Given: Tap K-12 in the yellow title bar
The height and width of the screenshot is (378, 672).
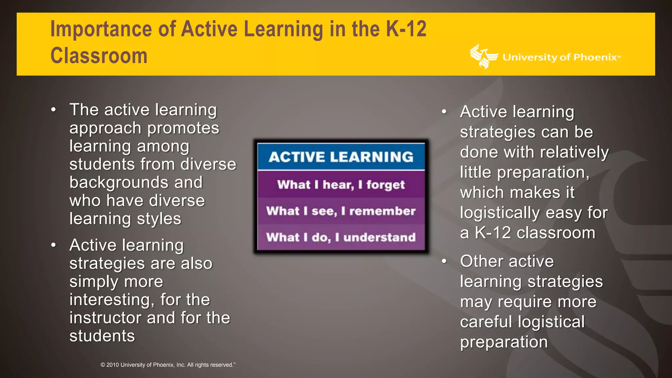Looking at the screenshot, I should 406,29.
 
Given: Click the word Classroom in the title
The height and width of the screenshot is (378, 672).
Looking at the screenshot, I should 99,56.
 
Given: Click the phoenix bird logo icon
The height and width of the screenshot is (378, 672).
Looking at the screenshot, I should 483,56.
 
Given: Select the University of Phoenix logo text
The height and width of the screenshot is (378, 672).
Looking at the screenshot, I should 561,57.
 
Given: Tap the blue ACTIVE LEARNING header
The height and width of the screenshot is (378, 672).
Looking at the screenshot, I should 341,157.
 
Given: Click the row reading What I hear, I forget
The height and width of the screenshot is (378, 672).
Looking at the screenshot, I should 341,185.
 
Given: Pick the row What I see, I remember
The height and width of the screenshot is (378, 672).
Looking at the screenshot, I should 341,211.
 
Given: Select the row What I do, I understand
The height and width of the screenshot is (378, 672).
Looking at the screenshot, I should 341,237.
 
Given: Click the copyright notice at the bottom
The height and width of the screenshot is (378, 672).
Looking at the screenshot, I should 168,365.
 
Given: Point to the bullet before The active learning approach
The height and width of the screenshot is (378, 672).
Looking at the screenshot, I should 53,110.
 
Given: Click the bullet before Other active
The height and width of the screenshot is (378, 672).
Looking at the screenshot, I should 444,262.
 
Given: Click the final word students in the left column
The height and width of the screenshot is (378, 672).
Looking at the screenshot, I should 102,336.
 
